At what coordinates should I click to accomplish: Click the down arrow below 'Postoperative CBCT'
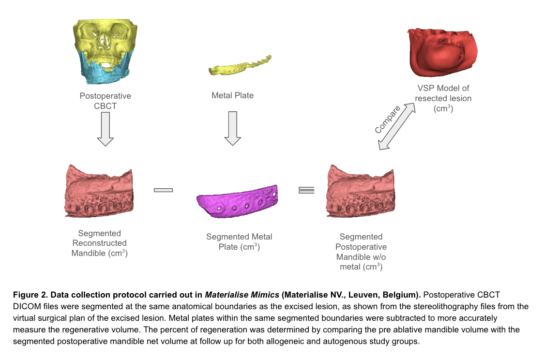tap(105, 128)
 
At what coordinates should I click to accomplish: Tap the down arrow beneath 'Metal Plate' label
tap(233, 128)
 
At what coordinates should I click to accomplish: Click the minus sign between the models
tap(163, 190)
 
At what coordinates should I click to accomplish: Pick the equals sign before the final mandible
tap(306, 190)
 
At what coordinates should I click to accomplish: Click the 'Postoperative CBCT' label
tap(105, 101)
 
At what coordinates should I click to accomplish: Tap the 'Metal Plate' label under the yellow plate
tap(232, 95)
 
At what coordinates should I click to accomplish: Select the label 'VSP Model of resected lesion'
tap(443, 98)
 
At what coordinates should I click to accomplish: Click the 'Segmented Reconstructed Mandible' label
tap(99, 243)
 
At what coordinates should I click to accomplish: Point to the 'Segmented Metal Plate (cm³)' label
tap(239, 241)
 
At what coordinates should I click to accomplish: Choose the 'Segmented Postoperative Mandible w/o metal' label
tap(361, 252)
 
